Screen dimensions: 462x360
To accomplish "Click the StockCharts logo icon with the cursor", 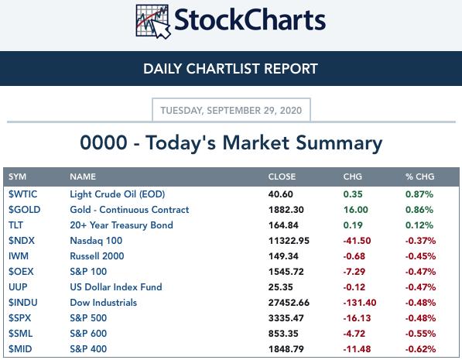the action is tap(153, 22).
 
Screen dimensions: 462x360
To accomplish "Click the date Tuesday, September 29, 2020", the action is tap(231, 111).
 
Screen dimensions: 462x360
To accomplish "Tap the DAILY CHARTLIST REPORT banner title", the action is tap(231, 69).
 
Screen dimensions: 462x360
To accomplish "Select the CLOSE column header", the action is tap(282, 177).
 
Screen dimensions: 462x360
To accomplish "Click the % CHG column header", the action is tap(419, 177).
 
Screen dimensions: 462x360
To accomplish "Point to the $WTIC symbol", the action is tap(23, 194).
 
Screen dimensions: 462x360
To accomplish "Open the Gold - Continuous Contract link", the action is tap(129, 210).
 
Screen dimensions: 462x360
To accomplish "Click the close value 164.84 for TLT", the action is tap(283, 225).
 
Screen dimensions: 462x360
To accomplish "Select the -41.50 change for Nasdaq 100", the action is tap(357, 241).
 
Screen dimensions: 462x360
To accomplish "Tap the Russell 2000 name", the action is tap(97, 256).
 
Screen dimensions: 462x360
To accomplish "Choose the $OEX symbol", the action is tap(21, 272).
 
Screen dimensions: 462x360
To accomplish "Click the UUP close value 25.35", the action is tap(280, 287).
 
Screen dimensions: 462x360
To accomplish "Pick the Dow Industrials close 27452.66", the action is tap(289, 303).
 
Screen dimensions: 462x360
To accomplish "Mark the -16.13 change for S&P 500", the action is tap(357, 318).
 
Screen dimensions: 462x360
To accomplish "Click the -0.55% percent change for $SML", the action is tap(420, 334).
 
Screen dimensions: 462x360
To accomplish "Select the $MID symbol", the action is tap(20, 349).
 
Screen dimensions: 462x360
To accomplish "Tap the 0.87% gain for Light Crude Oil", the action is tap(419, 194).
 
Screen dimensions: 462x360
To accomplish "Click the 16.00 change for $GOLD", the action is tap(356, 210).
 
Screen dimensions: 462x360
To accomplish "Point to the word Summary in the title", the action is tap(339, 143).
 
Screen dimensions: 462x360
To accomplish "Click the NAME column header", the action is tap(83, 177).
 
